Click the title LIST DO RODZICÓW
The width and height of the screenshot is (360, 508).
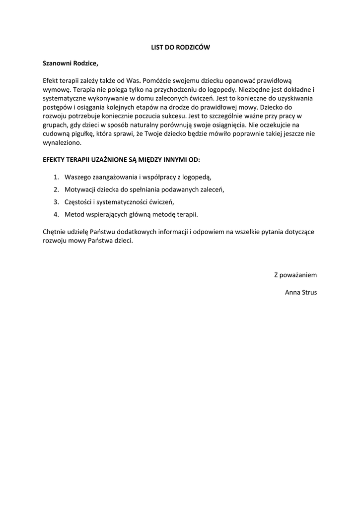pyautogui.click(x=180, y=47)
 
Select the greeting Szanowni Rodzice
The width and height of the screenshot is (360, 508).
pyautogui.click(x=71, y=63)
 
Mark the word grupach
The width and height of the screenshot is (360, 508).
pyautogui.click(x=55, y=125)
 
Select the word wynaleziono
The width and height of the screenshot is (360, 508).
pyautogui.click(x=62, y=143)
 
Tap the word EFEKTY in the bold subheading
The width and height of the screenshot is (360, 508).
pyautogui.click(x=55, y=160)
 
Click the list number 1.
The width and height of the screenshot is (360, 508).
pyautogui.click(x=56, y=177)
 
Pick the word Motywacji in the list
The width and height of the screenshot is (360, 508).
pyautogui.click(x=80, y=190)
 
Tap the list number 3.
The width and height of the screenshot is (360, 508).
pyautogui.click(x=56, y=202)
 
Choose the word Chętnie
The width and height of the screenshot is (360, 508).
pyautogui.click(x=56, y=232)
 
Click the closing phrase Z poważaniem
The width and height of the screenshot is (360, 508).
pyautogui.click(x=295, y=275)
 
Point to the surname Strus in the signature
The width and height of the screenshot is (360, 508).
pyautogui.click(x=308, y=292)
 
